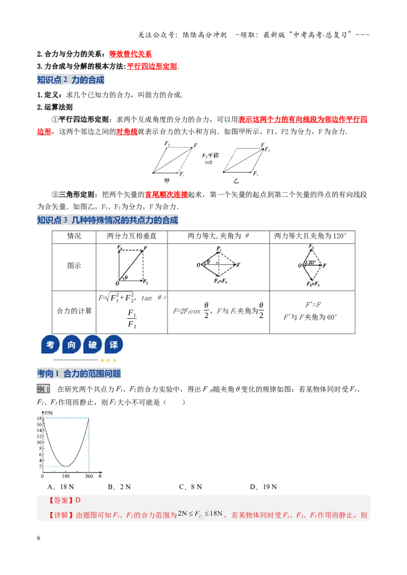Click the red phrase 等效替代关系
[x=130, y=54]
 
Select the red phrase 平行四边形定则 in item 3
[x=152, y=67]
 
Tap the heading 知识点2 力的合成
[x=71, y=80]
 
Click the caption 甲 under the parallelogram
[x=167, y=180]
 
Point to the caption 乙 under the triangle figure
[x=236, y=180]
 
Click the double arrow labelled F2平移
[x=209, y=163]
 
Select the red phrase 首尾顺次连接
[x=166, y=195]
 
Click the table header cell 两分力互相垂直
[x=131, y=236]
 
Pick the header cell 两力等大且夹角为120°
[x=310, y=236]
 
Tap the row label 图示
[x=74, y=266]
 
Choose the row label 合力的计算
[x=74, y=311]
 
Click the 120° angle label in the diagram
[x=310, y=262]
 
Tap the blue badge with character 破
[x=92, y=344]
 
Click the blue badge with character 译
[x=113, y=344]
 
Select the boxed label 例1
[x=43, y=389]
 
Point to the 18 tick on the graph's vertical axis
[x=39, y=419]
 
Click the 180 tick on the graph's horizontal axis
[x=66, y=476]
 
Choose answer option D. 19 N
[x=264, y=487]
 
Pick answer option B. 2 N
[x=119, y=487]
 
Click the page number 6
[x=39, y=538]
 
